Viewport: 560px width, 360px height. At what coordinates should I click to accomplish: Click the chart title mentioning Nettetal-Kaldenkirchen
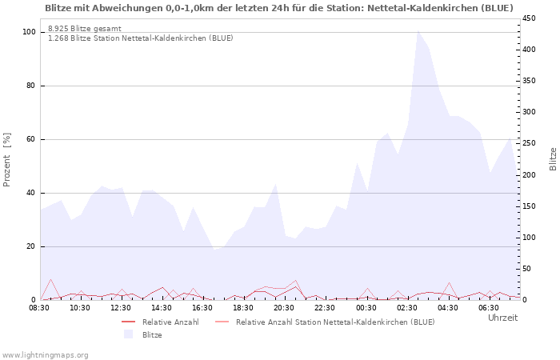[279, 8]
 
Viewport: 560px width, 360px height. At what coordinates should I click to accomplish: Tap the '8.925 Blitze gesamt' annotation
[85, 29]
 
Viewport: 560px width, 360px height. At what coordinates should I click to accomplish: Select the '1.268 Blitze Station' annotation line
[141, 38]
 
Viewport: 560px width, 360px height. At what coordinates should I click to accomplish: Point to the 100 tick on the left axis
[29, 32]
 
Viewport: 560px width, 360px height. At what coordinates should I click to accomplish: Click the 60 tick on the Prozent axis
[30, 139]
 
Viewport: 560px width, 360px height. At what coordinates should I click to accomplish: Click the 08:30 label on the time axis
[39, 308]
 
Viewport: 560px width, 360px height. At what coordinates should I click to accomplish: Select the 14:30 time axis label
[162, 308]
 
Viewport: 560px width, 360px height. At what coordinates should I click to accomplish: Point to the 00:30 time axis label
[366, 308]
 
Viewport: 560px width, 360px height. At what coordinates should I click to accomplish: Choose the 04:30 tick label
[447, 308]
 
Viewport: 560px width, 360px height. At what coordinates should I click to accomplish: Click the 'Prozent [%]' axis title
[7, 160]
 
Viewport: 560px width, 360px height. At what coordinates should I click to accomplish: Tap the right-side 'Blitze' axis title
[553, 158]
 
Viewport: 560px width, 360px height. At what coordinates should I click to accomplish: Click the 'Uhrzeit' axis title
[502, 318]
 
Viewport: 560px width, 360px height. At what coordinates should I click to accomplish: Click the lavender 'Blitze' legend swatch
[128, 334]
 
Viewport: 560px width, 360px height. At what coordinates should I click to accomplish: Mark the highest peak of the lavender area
[418, 30]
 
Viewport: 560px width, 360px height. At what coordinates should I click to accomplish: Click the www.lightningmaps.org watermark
[45, 354]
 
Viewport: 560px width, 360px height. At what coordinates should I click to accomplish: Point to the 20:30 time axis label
[284, 308]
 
